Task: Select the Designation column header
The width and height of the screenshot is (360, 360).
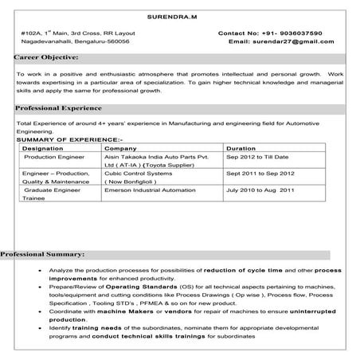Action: (43, 148)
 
